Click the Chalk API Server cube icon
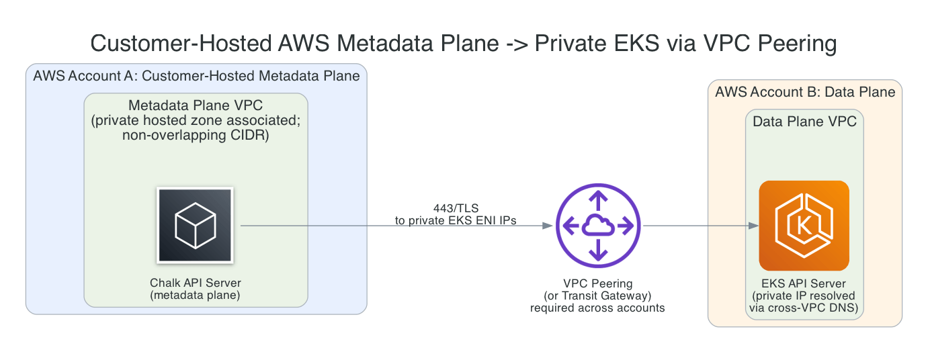pos(195,225)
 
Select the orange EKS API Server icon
pos(804,226)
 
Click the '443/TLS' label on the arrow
pos(455,208)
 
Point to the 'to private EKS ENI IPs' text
pos(455,220)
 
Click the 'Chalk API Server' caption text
pos(195,282)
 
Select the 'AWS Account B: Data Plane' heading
pos(804,92)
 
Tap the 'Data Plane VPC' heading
pos(804,122)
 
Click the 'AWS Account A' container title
pos(196,76)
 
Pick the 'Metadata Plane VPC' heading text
pos(195,105)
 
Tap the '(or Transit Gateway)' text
pos(597,296)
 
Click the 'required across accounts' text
pos(597,308)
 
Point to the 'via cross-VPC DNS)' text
pos(804,308)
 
